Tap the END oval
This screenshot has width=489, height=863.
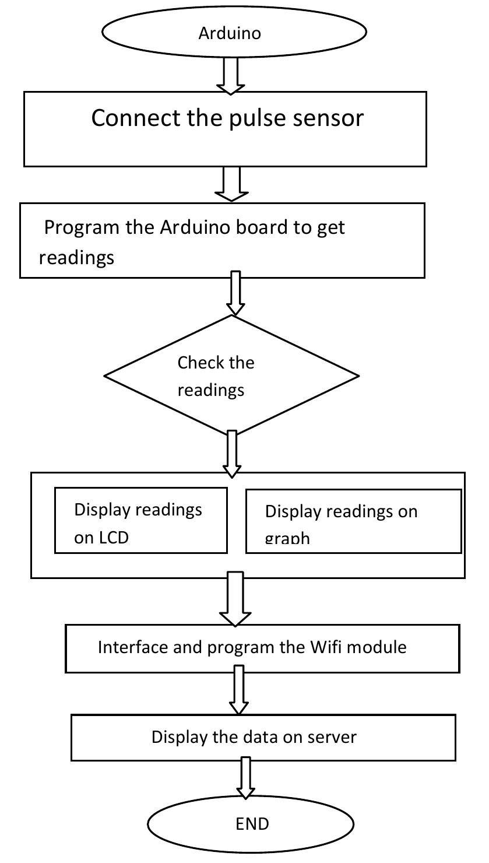click(x=251, y=823)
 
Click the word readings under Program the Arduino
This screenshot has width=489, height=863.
click(x=76, y=257)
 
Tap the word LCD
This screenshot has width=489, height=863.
click(x=111, y=538)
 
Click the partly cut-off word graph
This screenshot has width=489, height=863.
click(x=287, y=538)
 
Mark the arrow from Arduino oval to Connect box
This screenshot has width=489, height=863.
click(x=231, y=78)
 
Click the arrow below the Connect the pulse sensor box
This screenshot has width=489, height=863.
click(x=231, y=184)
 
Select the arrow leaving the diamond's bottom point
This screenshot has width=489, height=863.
click(x=232, y=452)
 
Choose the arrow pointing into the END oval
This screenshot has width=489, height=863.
click(x=245, y=778)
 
